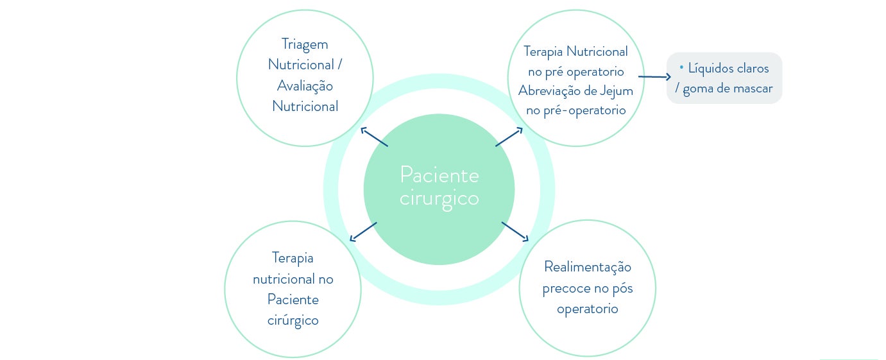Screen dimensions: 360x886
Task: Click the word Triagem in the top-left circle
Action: click(305, 44)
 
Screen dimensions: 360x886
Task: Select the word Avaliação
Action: click(305, 85)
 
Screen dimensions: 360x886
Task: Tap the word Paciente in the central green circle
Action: click(439, 175)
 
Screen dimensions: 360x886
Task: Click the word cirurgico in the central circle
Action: click(439, 198)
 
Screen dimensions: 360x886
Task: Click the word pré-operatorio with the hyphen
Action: click(585, 110)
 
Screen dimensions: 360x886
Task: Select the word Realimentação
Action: click(587, 267)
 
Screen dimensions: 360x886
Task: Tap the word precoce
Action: click(564, 288)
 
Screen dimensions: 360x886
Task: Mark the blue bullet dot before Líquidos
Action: click(681, 67)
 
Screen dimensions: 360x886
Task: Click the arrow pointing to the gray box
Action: click(654, 77)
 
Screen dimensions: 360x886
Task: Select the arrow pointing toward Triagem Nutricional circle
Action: click(374, 137)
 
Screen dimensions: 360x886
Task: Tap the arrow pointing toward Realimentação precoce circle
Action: click(515, 232)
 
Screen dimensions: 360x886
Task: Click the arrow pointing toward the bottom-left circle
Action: click(363, 232)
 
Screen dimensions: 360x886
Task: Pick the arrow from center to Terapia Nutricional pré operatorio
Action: click(509, 137)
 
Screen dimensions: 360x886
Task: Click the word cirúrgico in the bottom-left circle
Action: click(293, 320)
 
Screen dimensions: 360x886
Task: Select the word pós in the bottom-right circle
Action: click(622, 288)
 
